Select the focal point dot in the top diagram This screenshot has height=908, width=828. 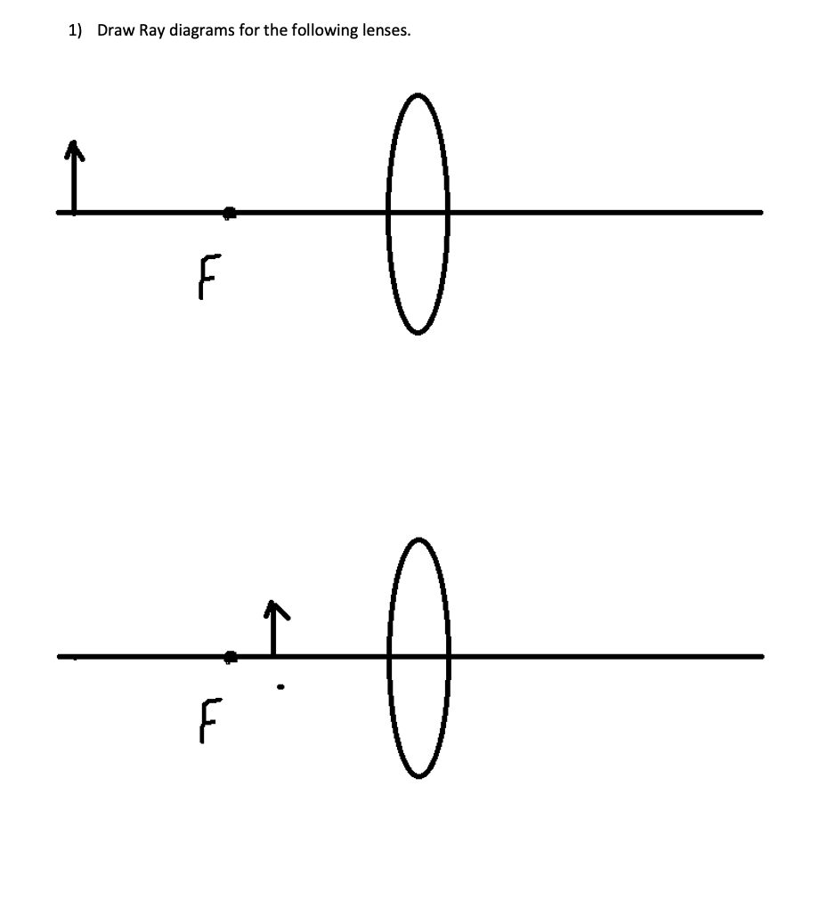[x=230, y=212]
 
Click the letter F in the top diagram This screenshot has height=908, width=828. [x=207, y=277]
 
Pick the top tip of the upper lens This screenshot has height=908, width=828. [x=417, y=94]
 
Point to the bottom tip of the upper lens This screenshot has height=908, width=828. [x=417, y=331]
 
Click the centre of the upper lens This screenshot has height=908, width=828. [x=417, y=212]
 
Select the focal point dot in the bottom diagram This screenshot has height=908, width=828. [x=231, y=656]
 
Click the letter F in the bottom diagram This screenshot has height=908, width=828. [x=207, y=720]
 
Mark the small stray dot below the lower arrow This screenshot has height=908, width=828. [x=280, y=686]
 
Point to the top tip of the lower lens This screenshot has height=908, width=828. [x=417, y=539]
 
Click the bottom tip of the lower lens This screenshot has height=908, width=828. [x=417, y=775]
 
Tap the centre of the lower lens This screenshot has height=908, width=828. [x=417, y=656]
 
